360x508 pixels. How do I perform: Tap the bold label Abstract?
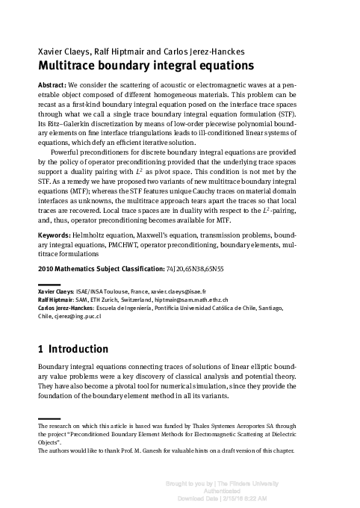click(x=52, y=86)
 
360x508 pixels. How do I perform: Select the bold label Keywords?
click(x=55, y=255)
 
